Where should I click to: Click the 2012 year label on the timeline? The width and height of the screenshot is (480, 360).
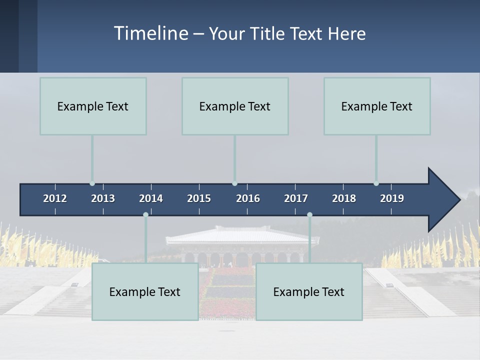[x=55, y=198]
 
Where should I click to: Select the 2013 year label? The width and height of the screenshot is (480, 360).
[x=103, y=198]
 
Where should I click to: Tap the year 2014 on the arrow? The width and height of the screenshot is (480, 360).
[x=151, y=198]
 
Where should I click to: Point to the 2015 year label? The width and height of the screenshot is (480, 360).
[x=199, y=198]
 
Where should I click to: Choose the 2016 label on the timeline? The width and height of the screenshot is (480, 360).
[x=248, y=198]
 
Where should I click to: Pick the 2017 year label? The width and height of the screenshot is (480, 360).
[x=296, y=198]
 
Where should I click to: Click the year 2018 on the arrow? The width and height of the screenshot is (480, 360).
[x=344, y=198]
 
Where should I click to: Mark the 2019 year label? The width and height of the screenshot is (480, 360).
[x=392, y=198]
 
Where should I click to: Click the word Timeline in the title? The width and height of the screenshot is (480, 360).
[x=150, y=33]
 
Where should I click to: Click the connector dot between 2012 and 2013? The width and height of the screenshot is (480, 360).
[x=92, y=183]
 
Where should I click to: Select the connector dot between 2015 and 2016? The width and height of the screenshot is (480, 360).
[x=234, y=183]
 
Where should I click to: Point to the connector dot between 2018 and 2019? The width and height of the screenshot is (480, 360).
[x=376, y=183]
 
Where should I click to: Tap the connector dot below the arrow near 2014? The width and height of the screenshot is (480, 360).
[x=145, y=215]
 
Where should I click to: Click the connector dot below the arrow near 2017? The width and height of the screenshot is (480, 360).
[x=309, y=215]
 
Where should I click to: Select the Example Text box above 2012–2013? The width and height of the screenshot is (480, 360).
[x=93, y=106]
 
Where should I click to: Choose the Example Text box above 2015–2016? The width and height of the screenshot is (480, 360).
[x=235, y=106]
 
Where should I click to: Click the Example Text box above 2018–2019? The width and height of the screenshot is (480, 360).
[x=377, y=106]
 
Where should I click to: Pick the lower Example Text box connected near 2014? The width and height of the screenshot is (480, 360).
[x=145, y=291]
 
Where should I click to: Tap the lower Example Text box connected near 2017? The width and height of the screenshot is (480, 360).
[x=309, y=291]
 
